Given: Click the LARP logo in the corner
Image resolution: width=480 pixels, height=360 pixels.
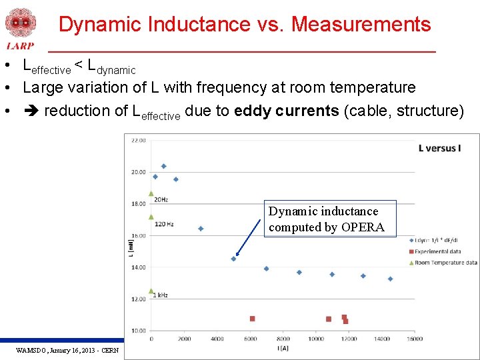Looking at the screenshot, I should tap(20, 28).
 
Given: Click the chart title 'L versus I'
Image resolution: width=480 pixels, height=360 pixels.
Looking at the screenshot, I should tap(439, 148).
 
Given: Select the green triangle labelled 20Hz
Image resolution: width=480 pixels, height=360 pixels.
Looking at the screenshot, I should tap(151, 193).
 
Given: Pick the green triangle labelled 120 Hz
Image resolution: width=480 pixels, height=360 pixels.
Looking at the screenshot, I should tap(151, 217).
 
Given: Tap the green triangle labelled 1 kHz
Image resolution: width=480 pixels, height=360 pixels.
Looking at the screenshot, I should tap(151, 291).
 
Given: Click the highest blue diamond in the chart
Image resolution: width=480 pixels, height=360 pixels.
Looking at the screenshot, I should tap(163, 166).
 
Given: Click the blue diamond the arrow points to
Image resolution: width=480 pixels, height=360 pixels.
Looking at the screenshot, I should tap(233, 259).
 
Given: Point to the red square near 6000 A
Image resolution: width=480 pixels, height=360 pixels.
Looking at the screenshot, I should tap(252, 319).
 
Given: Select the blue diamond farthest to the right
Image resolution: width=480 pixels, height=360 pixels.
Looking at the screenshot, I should tap(390, 279).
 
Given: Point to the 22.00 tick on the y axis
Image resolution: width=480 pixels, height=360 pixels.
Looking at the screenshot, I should tap(138, 141).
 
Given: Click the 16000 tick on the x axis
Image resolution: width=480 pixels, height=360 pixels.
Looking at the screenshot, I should tap(414, 339).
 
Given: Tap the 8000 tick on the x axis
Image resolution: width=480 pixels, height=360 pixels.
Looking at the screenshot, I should tap(283, 339).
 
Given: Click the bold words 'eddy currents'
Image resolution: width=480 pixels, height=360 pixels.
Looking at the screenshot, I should tap(287, 111).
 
